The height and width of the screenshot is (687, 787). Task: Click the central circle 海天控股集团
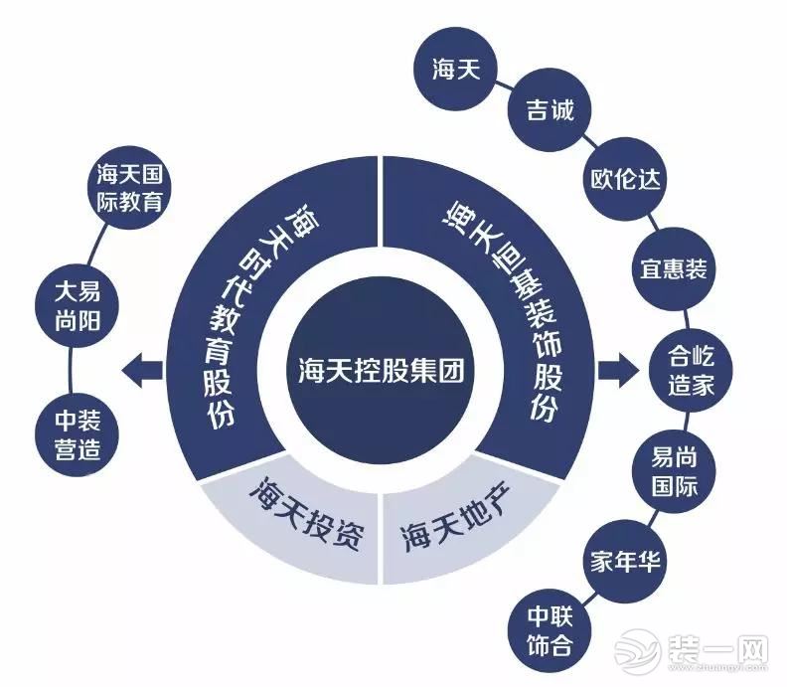381,371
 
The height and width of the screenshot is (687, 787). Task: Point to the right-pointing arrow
618,371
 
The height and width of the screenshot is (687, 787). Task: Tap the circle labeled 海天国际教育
129,188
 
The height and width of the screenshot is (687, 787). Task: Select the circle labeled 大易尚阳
77,306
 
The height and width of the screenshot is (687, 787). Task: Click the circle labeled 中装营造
77,434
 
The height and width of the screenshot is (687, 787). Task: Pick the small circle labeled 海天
456,69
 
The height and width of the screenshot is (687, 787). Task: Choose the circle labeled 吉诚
550,110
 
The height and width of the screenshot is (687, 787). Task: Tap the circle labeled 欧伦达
625,179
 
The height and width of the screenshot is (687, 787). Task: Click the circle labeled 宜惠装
673,268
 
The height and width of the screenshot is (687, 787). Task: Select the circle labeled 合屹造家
691,371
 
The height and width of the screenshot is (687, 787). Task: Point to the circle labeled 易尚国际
674,472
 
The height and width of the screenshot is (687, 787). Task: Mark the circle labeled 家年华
625,562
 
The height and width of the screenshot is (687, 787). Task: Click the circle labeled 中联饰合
550,630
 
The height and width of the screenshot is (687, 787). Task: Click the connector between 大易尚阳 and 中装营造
70,371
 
